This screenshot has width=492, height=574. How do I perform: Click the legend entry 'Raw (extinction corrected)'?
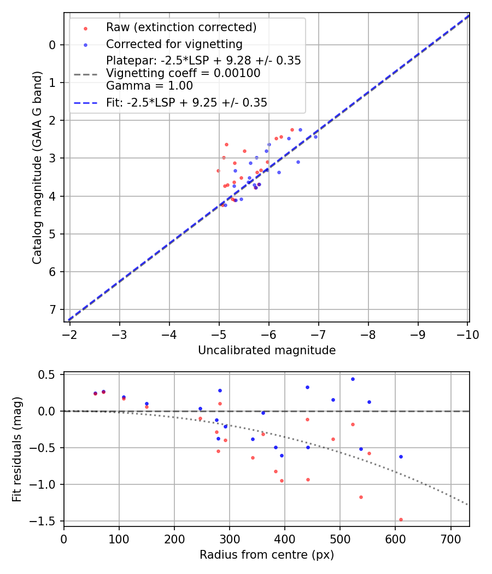(x=181, y=27)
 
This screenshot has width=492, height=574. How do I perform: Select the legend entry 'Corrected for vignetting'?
(x=174, y=44)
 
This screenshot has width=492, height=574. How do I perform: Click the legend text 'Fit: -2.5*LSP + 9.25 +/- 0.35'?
(x=186, y=102)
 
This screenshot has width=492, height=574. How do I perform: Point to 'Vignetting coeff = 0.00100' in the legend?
(x=183, y=73)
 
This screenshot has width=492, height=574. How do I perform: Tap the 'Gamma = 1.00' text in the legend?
(x=149, y=86)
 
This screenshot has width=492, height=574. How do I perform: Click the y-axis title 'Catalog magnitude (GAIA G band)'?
(x=37, y=167)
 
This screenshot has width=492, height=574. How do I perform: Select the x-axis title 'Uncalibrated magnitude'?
(x=267, y=350)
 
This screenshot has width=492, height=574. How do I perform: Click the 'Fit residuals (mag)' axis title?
(x=17, y=449)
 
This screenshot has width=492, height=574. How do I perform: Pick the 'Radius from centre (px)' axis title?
(x=267, y=555)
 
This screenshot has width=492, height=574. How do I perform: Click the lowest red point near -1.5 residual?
(x=401, y=519)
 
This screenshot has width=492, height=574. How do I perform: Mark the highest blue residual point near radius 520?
(x=353, y=379)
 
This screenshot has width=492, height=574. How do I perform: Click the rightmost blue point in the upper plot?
(x=315, y=137)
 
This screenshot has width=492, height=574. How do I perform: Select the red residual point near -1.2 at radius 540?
(x=361, y=497)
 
